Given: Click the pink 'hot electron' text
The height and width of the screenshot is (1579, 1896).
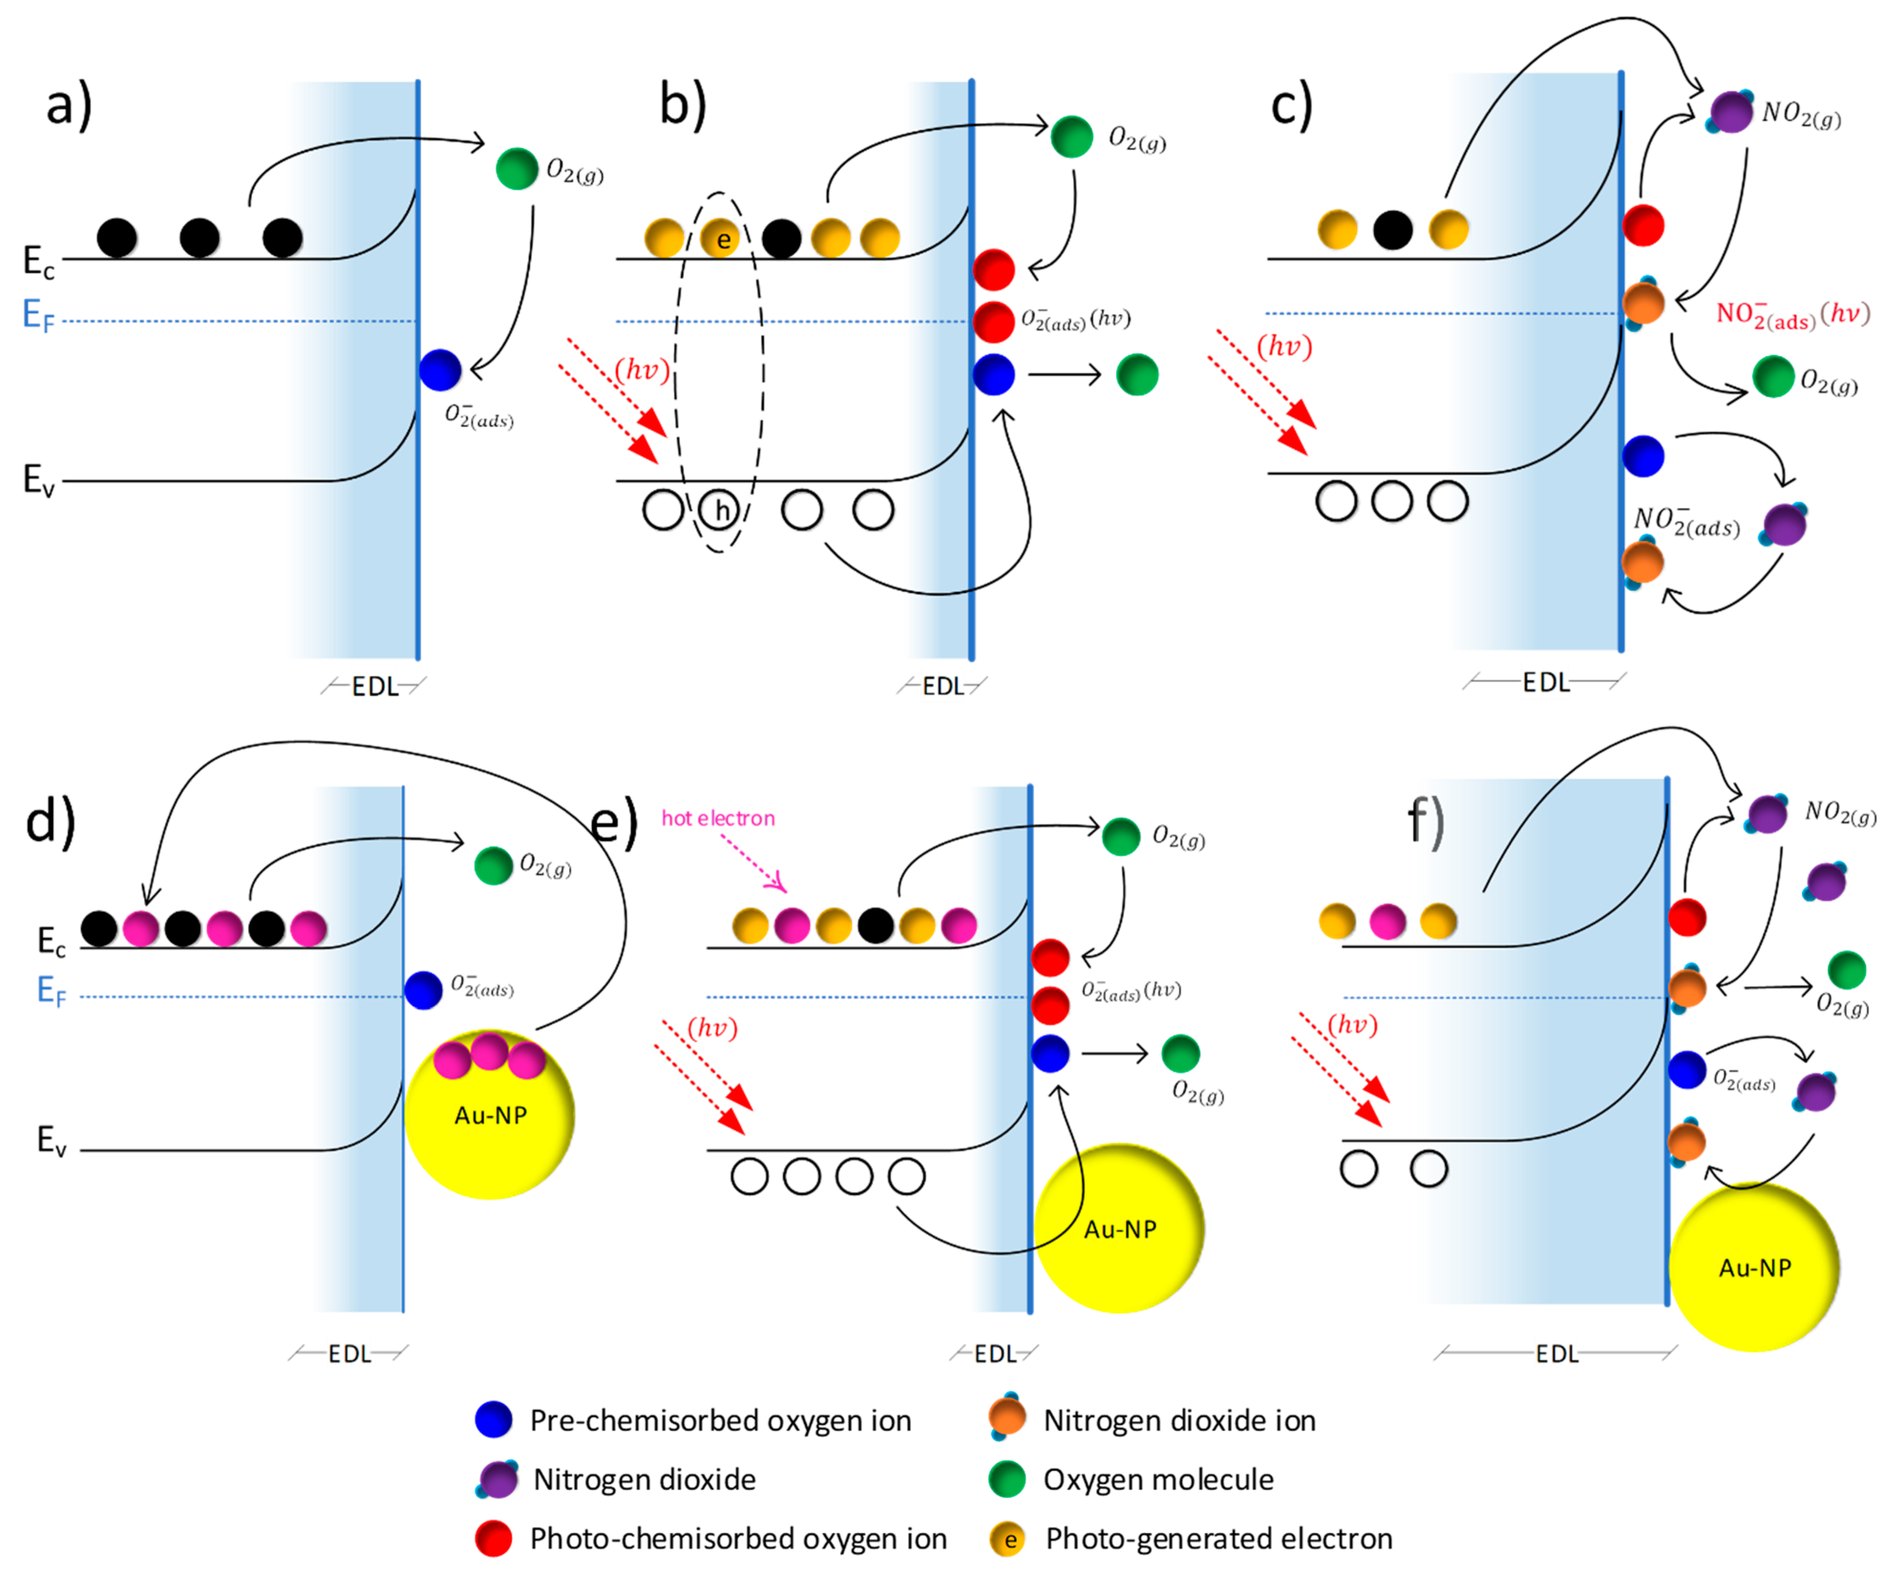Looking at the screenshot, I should coord(718,818).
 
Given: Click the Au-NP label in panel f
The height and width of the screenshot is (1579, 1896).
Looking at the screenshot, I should coord(1754,1267).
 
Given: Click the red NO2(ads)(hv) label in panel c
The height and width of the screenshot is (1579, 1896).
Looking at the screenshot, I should coord(1792,314).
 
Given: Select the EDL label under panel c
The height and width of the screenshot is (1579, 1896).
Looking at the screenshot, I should coord(1546,683).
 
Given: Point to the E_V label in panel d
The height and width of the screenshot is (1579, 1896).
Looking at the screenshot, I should coord(51,1140).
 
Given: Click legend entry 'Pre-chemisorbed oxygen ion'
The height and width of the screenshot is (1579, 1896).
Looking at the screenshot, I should coord(720,1420).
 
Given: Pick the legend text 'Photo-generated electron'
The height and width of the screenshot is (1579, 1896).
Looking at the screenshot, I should coord(1218,1538).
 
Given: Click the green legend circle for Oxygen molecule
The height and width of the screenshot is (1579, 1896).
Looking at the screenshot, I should coord(1006,1479).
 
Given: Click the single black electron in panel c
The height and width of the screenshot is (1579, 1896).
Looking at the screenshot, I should coord(1392,229).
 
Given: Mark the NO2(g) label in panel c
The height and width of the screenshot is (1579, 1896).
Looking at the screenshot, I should coord(1801,115).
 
